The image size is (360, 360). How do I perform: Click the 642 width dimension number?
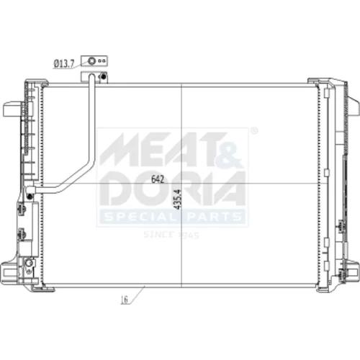pos(158,179)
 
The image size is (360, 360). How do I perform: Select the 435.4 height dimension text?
pos(178,199)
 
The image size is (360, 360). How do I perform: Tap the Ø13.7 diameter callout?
pos(64,64)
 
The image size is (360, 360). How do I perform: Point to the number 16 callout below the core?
pos(125,300)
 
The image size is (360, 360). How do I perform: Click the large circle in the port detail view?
pos(91,60)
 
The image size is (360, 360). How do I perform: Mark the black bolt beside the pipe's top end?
pos(104,76)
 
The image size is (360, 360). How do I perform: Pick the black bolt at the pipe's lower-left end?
pos(30,197)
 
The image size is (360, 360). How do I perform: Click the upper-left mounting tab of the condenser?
pos(12,109)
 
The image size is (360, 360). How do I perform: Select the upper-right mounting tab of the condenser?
pos(353,107)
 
